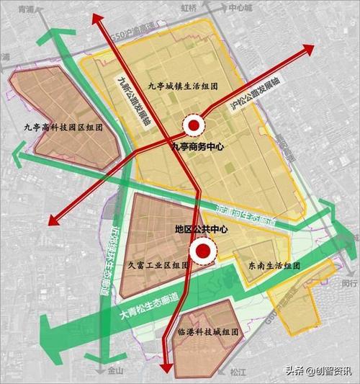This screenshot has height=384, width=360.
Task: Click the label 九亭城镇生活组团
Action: tap(183, 86)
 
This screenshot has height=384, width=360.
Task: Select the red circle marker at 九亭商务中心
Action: tap(193, 126)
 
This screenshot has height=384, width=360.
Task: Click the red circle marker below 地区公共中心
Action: tap(203, 251)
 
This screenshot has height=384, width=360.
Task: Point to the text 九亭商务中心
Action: tap(197, 146)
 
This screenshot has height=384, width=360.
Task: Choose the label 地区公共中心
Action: tap(202, 229)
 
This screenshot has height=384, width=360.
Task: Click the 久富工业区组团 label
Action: tap(158, 265)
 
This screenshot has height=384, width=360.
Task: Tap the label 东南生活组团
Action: tap(266, 265)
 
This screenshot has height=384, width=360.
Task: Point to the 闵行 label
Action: tap(349, 283)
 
